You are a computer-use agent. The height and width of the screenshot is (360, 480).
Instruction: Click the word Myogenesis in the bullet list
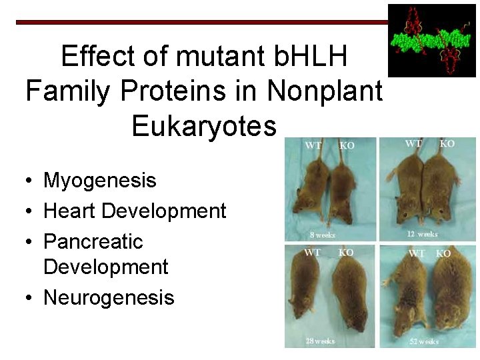[x=99, y=181]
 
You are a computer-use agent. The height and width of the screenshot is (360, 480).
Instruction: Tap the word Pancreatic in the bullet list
[x=93, y=241]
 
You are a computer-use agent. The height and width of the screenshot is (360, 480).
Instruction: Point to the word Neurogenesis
[x=109, y=297]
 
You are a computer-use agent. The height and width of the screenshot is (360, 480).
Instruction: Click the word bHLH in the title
[x=311, y=57]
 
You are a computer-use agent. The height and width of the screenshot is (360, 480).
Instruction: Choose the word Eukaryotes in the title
[x=203, y=125]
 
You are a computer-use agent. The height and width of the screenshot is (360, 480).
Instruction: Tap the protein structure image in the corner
[x=431, y=40]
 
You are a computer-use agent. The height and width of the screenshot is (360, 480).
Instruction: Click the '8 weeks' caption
[x=323, y=235]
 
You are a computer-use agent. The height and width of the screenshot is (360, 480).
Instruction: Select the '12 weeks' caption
[x=423, y=234]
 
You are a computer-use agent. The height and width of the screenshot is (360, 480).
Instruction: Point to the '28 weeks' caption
[x=320, y=341]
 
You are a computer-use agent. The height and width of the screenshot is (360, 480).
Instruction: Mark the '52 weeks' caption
[x=424, y=341]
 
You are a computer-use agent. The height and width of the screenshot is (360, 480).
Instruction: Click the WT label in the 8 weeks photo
[x=313, y=145]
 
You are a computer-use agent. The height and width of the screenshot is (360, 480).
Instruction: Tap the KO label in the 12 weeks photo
[x=447, y=144]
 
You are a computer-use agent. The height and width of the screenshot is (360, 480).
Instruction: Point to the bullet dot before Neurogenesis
[x=31, y=298]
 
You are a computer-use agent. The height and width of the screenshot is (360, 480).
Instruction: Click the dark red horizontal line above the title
[x=200, y=22]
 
